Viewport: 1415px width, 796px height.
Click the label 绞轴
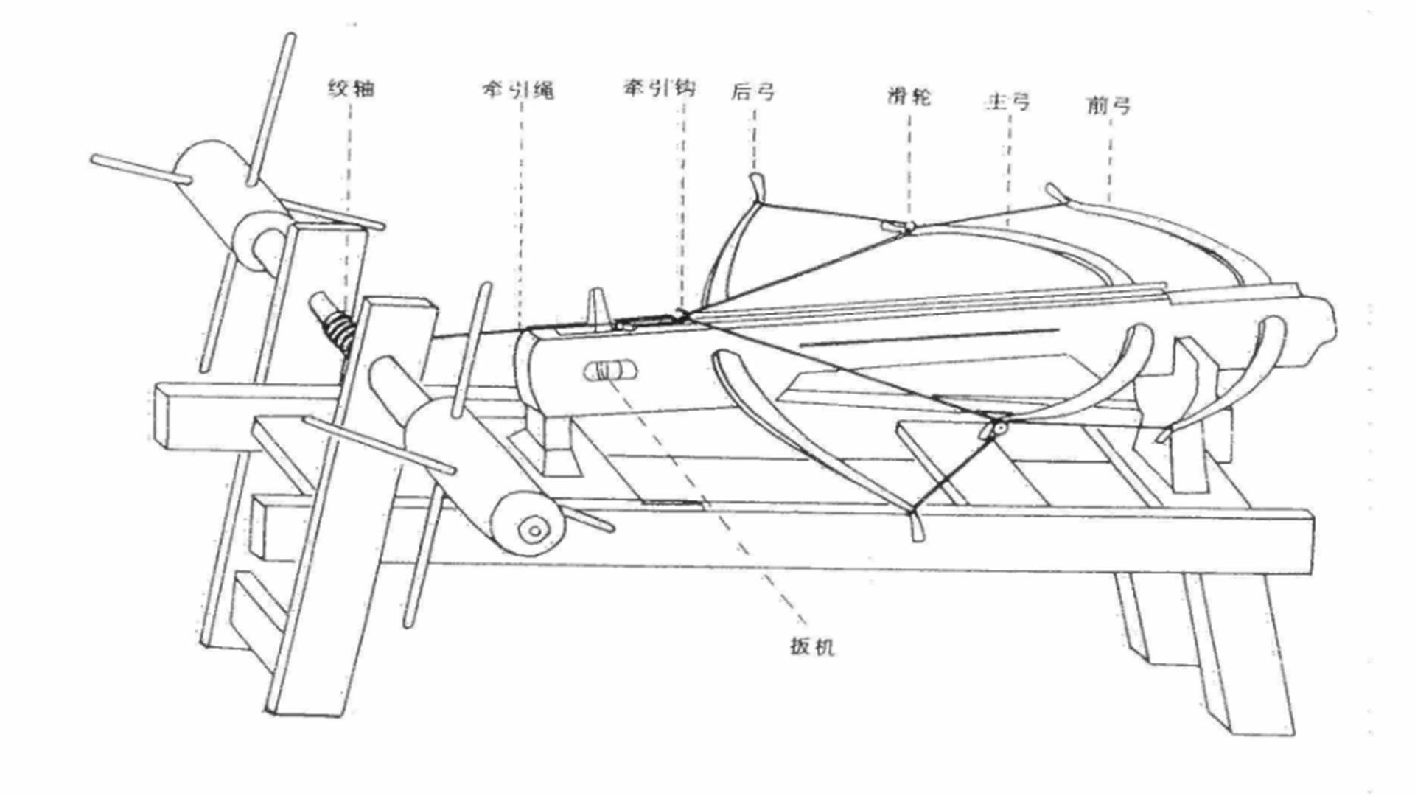coord(351,89)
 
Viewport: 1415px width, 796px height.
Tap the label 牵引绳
coord(518,90)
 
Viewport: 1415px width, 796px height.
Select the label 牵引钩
coord(659,88)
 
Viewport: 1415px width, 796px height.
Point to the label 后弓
coord(752,91)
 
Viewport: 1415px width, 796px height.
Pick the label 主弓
coord(1007,101)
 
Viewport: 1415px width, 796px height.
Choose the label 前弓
coord(1108,105)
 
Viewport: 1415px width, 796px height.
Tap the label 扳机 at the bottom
coord(812,646)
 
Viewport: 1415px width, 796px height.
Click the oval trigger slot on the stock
coord(611,370)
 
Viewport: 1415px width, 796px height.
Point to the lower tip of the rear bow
coord(915,528)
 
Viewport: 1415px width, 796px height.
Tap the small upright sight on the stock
coord(598,308)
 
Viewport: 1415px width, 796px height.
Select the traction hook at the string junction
coord(682,316)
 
